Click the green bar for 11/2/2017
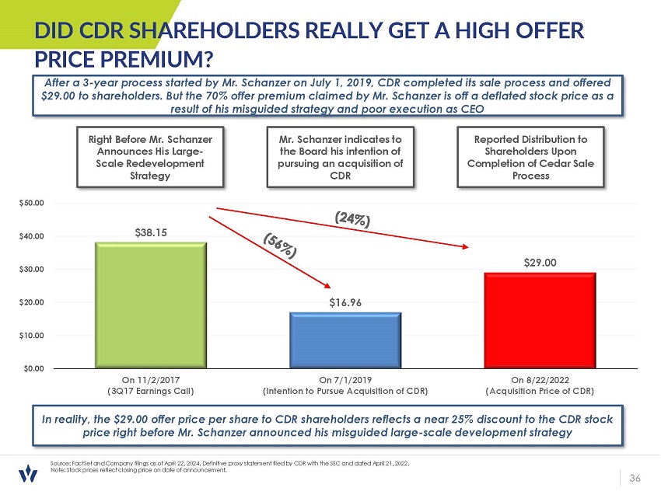[x=151, y=305]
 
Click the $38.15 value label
[x=151, y=232]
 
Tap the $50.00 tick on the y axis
[x=32, y=202]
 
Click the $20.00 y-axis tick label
[x=32, y=302]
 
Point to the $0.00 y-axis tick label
[x=33, y=368]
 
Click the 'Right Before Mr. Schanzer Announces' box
[x=151, y=157]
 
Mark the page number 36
[x=635, y=477]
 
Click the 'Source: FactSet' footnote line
[x=226, y=462]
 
